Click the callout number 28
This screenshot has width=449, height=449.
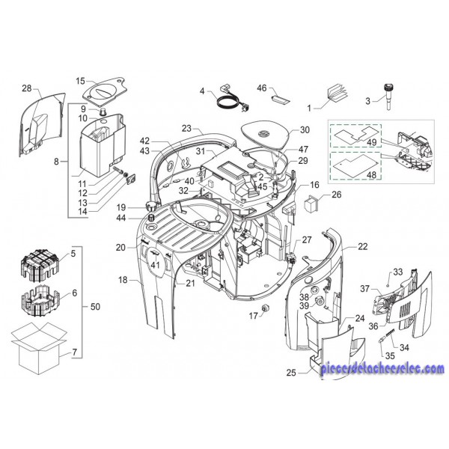coord(27,89)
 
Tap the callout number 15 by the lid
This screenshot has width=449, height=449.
coord(81,81)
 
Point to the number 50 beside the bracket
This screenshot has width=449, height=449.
coord(94,307)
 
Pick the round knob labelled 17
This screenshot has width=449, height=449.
coord(264,311)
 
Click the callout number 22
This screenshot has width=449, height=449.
coord(362,246)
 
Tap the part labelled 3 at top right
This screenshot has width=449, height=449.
coord(388,94)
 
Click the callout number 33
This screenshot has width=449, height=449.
coord(398,272)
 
